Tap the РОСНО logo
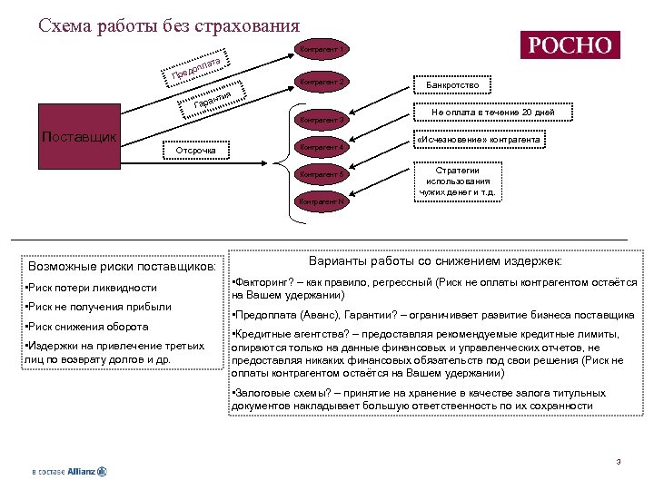(569, 44)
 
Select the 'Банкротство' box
(453, 85)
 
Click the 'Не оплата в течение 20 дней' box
(493, 113)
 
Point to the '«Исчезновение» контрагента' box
(479, 140)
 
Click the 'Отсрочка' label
(195, 149)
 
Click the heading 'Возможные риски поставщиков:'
(123, 267)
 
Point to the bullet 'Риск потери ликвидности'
(92, 288)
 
